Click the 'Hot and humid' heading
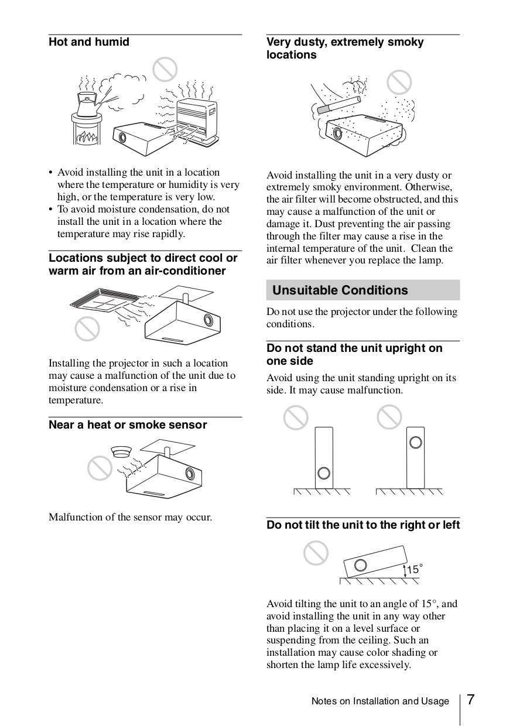(x=89, y=42)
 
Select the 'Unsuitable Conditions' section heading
(x=340, y=290)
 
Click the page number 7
(x=470, y=700)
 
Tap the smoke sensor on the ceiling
(x=121, y=452)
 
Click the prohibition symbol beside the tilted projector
(x=316, y=553)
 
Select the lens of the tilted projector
(x=361, y=565)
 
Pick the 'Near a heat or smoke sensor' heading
(x=128, y=425)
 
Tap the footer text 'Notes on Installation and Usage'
(x=380, y=701)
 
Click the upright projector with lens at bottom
(x=323, y=457)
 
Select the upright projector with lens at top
(x=415, y=457)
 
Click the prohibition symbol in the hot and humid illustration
(x=165, y=70)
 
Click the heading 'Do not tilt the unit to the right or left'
(x=363, y=525)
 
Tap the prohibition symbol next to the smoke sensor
(x=100, y=468)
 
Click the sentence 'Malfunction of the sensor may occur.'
(x=130, y=517)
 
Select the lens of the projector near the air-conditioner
(x=208, y=320)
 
